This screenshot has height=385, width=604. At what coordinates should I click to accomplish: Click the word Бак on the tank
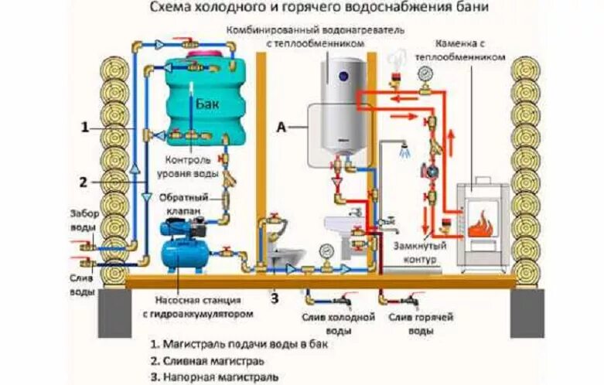207,103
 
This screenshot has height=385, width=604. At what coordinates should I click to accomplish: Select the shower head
404,150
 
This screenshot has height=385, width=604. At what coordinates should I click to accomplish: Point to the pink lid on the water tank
206,55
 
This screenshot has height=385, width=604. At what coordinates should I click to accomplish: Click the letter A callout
282,127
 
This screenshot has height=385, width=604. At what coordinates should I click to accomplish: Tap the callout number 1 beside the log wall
85,127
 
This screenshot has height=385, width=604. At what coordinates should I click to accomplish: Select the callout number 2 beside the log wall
84,182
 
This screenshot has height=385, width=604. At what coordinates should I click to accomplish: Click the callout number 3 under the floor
275,298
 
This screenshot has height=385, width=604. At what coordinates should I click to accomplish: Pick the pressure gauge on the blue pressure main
326,251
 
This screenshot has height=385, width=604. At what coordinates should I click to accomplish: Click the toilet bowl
286,254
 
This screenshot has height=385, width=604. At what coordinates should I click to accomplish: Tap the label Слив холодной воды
338,323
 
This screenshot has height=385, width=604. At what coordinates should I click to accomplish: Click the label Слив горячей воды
421,323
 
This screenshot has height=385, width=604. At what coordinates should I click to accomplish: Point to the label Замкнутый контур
420,252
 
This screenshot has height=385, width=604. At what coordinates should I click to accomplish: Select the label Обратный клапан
184,204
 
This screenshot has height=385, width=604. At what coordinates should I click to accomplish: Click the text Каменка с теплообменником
460,50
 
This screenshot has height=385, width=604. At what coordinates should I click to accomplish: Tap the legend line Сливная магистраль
207,361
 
